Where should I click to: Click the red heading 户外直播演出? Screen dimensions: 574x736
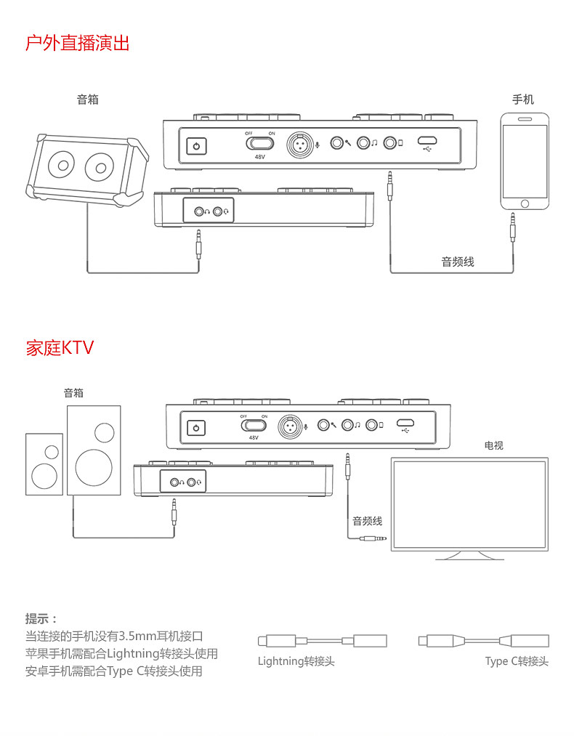click(x=78, y=43)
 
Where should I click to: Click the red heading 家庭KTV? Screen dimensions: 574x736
click(x=60, y=348)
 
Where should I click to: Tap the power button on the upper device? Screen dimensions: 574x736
click(x=196, y=145)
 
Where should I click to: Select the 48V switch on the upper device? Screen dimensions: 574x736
click(x=259, y=142)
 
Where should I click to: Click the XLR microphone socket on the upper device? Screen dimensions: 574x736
click(x=300, y=145)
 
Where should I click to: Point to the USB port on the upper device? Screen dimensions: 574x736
click(x=427, y=140)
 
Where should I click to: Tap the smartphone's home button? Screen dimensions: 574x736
click(x=525, y=203)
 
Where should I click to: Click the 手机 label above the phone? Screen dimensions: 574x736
click(x=523, y=100)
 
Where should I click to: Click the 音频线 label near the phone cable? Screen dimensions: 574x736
click(x=458, y=262)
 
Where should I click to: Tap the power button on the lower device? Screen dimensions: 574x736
click(x=196, y=428)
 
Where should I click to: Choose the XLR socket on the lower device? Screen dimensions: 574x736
click(x=290, y=426)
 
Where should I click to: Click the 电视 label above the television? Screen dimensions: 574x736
click(x=494, y=445)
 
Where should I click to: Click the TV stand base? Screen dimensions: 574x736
click(x=470, y=556)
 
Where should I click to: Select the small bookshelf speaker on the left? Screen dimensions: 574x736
click(x=44, y=464)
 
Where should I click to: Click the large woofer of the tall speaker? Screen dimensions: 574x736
click(x=94, y=467)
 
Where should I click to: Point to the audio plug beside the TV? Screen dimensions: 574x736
click(x=373, y=538)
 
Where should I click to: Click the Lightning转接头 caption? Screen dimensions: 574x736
click(x=296, y=661)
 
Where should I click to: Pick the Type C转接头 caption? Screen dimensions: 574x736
click(x=517, y=661)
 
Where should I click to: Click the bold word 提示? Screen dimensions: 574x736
click(x=36, y=618)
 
